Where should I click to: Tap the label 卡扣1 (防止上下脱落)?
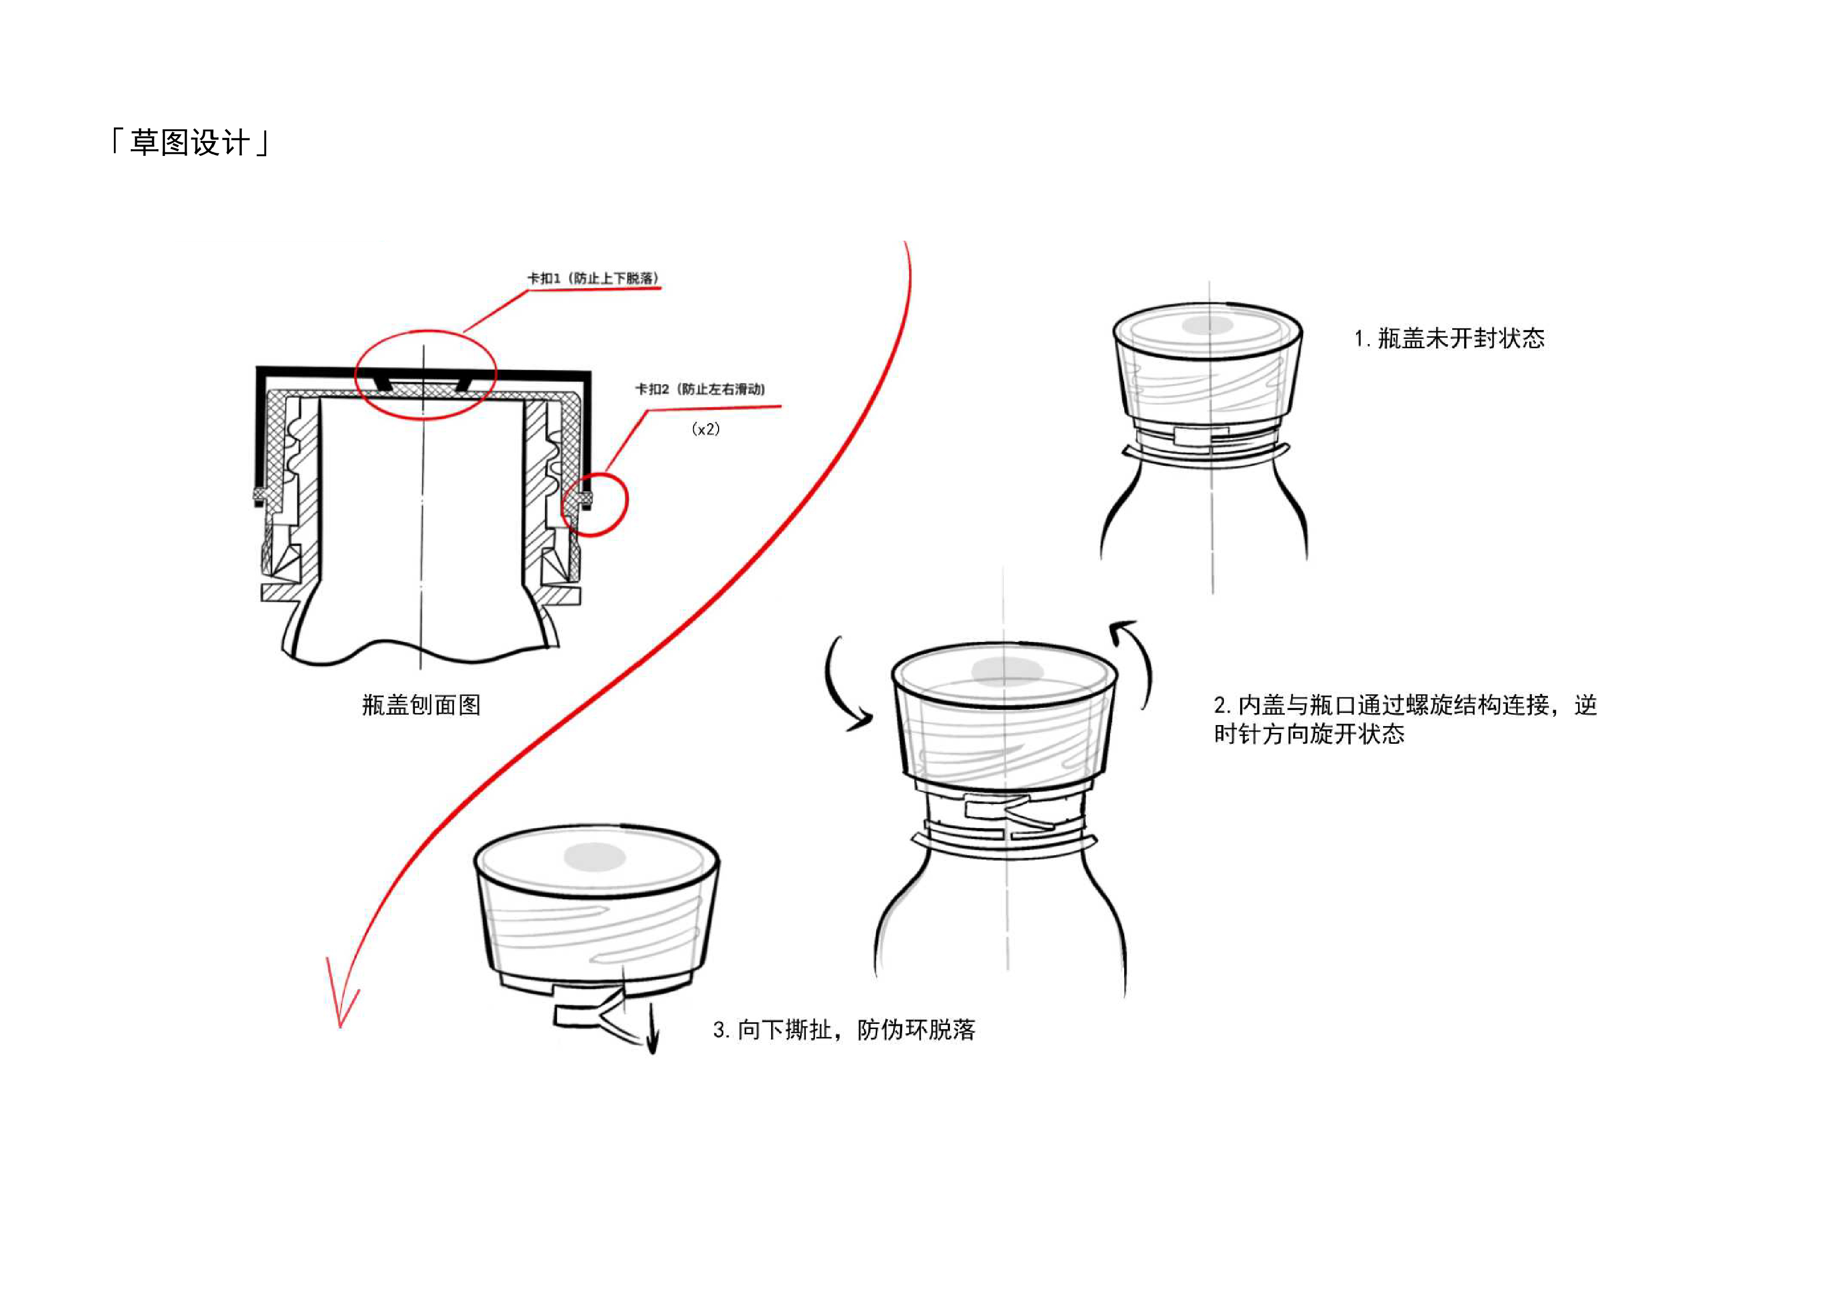[593, 278]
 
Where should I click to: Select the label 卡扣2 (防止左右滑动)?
[699, 389]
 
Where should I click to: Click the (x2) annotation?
[706, 429]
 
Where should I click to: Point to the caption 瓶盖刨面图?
[421, 704]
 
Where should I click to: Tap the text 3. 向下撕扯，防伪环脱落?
[844, 1030]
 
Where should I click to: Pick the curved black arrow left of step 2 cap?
[844, 687]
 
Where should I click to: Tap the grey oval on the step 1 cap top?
[1207, 325]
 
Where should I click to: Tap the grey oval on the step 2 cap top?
[1007, 671]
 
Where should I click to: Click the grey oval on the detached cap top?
[594, 857]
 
